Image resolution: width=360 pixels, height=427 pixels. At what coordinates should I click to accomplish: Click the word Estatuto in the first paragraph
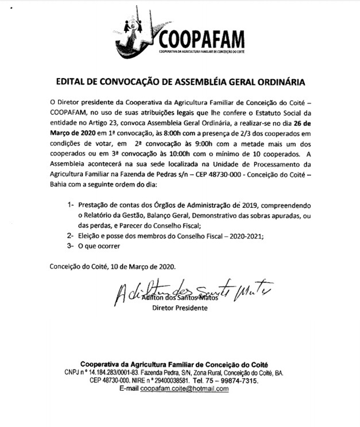coord(265,111)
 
